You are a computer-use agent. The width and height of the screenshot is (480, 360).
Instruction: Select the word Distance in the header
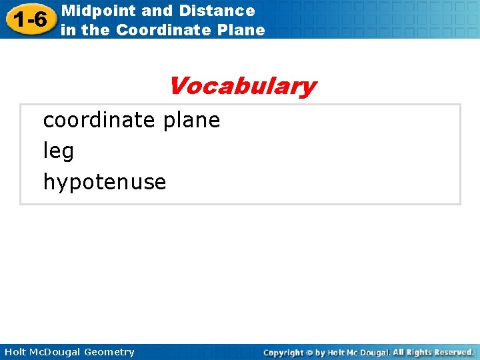223,11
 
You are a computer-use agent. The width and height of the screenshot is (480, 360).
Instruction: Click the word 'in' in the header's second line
69,30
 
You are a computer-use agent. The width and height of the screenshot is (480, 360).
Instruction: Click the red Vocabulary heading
241,86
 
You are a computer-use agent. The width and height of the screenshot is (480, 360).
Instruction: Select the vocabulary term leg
59,152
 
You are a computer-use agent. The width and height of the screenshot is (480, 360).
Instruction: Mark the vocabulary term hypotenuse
105,183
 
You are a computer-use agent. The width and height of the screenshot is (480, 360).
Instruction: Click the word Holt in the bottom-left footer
15,352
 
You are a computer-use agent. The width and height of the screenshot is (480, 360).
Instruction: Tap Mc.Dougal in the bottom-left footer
56,352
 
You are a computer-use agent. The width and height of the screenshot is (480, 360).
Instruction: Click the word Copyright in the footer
283,353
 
